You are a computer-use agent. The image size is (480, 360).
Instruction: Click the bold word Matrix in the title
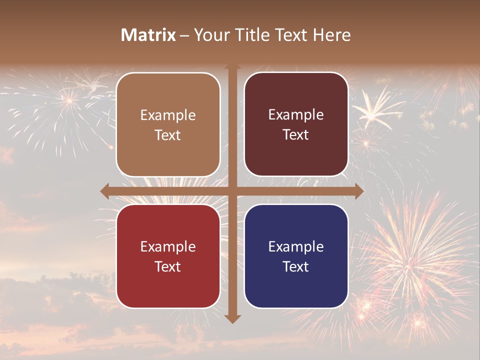coord(148,35)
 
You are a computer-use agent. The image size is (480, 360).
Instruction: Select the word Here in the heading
coord(332,35)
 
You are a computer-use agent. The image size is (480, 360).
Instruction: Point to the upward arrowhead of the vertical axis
coord(232,67)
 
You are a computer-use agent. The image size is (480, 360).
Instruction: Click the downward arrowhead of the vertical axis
coord(232,318)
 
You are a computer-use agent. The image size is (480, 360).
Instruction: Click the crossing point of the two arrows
coord(232,191)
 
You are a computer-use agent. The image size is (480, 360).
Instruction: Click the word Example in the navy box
coord(296,246)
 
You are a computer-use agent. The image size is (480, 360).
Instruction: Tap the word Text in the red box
coord(168,266)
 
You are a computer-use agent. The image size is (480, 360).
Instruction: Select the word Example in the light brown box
coord(168,115)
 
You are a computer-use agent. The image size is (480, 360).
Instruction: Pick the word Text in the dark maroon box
coord(296,134)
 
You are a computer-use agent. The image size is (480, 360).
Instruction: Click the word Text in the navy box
coord(296,266)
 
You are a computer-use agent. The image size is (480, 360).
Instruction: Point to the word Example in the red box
coord(168,246)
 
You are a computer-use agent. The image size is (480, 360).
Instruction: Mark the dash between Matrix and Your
coord(184,35)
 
